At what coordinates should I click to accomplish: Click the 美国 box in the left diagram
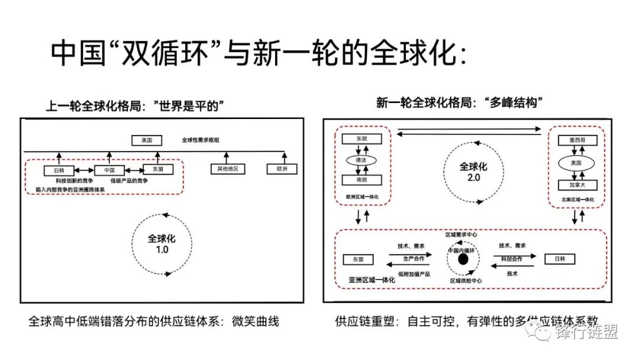point(147,141)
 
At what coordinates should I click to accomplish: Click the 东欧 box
point(361,139)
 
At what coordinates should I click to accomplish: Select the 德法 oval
point(362,160)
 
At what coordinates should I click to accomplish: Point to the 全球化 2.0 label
point(473,171)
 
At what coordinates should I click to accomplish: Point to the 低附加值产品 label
point(414,274)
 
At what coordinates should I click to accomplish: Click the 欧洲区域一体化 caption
point(362,197)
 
